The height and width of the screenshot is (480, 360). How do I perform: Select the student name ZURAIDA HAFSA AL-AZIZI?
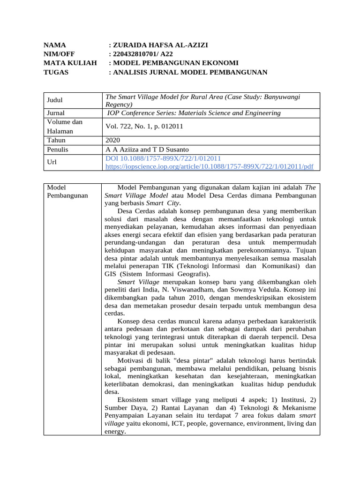pyautogui.click(x=160, y=45)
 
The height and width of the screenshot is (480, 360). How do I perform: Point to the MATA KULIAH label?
pyautogui.click(x=70, y=63)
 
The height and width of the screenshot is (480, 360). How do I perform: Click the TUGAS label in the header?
pyautogui.click(x=56, y=72)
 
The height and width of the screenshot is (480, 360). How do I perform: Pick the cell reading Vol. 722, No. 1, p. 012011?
pyautogui.click(x=144, y=126)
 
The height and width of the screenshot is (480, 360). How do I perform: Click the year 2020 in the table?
pyautogui.click(x=112, y=140)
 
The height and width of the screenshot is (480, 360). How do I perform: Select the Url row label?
pyautogui.click(x=52, y=162)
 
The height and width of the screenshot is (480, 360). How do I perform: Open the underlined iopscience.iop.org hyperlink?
pyautogui.click(x=210, y=166)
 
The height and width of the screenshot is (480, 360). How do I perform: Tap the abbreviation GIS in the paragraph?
pyautogui.click(x=111, y=274)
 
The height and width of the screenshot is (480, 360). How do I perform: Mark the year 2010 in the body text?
pyautogui.click(x=195, y=298)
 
